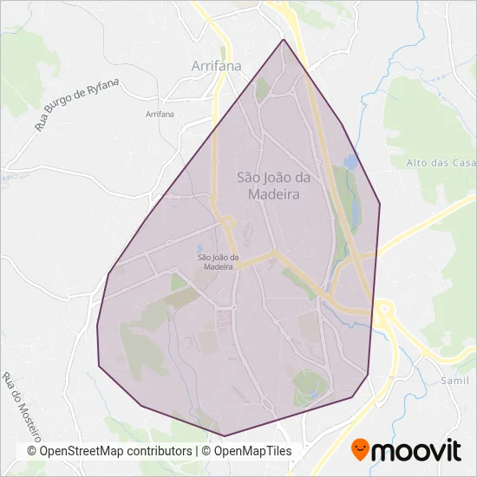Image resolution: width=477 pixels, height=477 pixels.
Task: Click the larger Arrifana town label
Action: (x=216, y=65)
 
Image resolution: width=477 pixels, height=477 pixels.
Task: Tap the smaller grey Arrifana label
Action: (x=160, y=114)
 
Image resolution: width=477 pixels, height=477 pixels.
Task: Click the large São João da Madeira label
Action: (x=268, y=186)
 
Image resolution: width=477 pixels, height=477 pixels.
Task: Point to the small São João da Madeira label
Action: (x=217, y=262)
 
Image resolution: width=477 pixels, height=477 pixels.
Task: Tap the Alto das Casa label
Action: (x=441, y=162)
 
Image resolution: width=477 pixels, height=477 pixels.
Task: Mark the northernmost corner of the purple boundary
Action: (x=284, y=39)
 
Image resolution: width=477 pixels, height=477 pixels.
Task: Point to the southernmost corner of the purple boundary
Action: (x=225, y=435)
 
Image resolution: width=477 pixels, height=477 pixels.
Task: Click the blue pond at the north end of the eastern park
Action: (x=350, y=161)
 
